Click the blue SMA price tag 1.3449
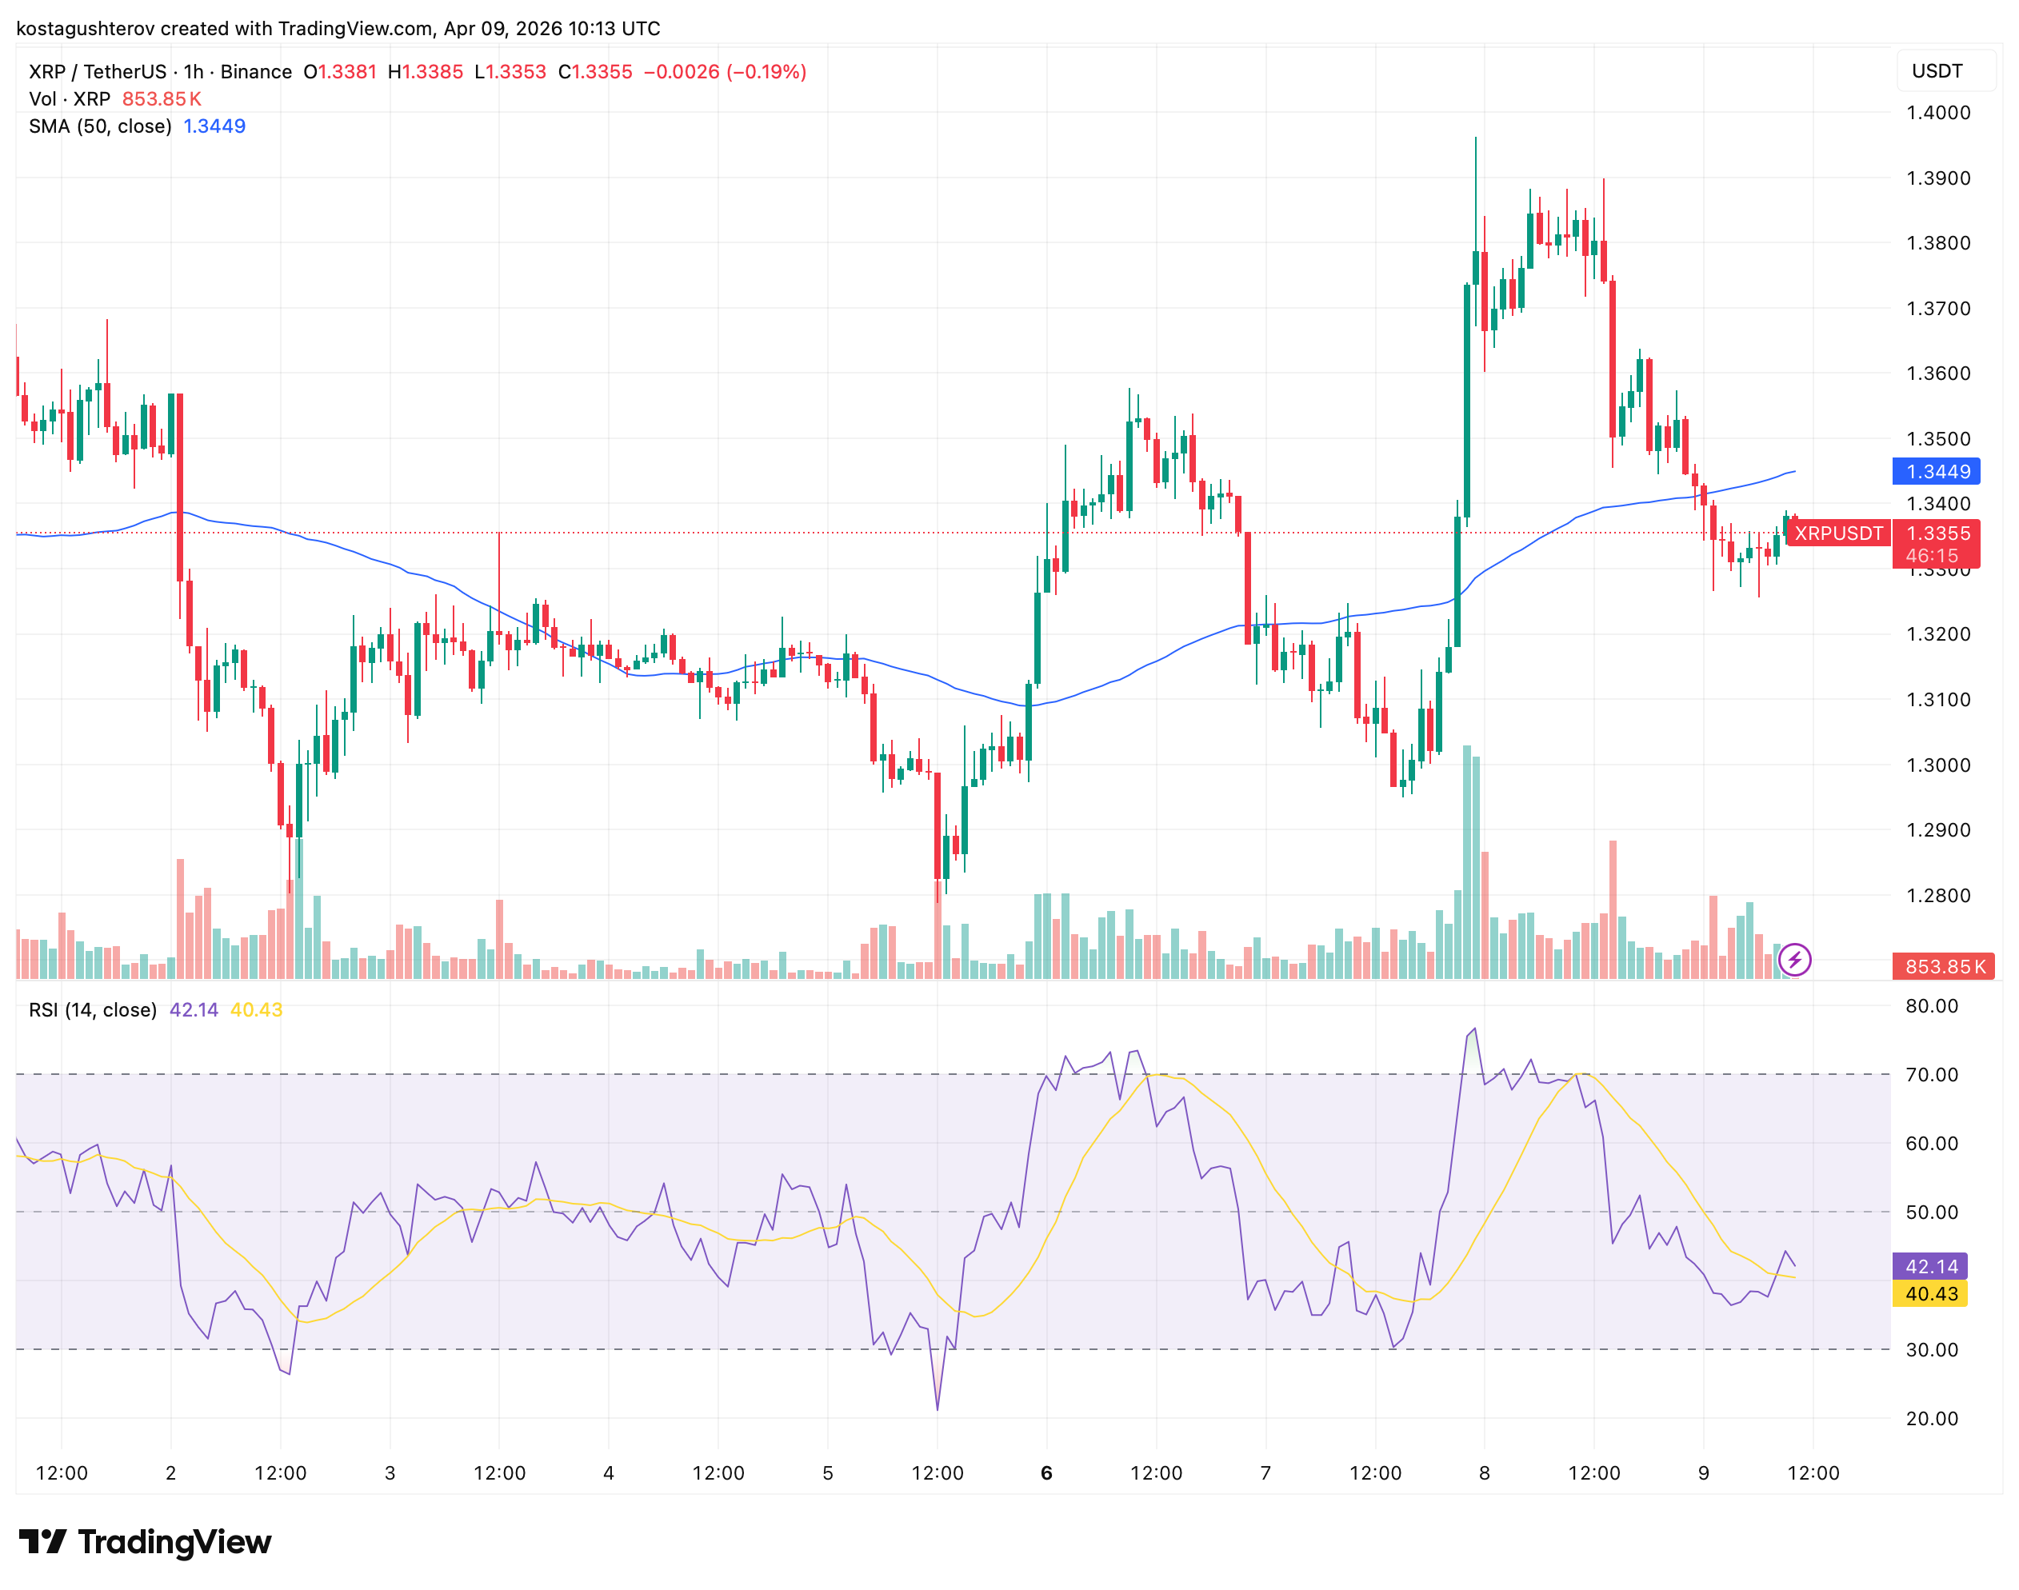click(1935, 471)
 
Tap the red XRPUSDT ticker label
click(1837, 533)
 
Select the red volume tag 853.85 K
click(1945, 966)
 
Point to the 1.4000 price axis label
click(1938, 113)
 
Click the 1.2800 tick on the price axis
click(1938, 896)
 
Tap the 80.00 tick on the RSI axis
click(1932, 1006)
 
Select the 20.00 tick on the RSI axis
click(1932, 1419)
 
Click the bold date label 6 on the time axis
click(1046, 1472)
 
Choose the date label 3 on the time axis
click(390, 1472)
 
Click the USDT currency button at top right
click(1937, 72)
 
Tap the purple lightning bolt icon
click(1793, 960)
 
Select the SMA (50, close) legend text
click(101, 126)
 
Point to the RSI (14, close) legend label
click(93, 1010)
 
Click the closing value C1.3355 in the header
click(595, 72)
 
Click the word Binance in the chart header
click(256, 72)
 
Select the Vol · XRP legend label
click(70, 98)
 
